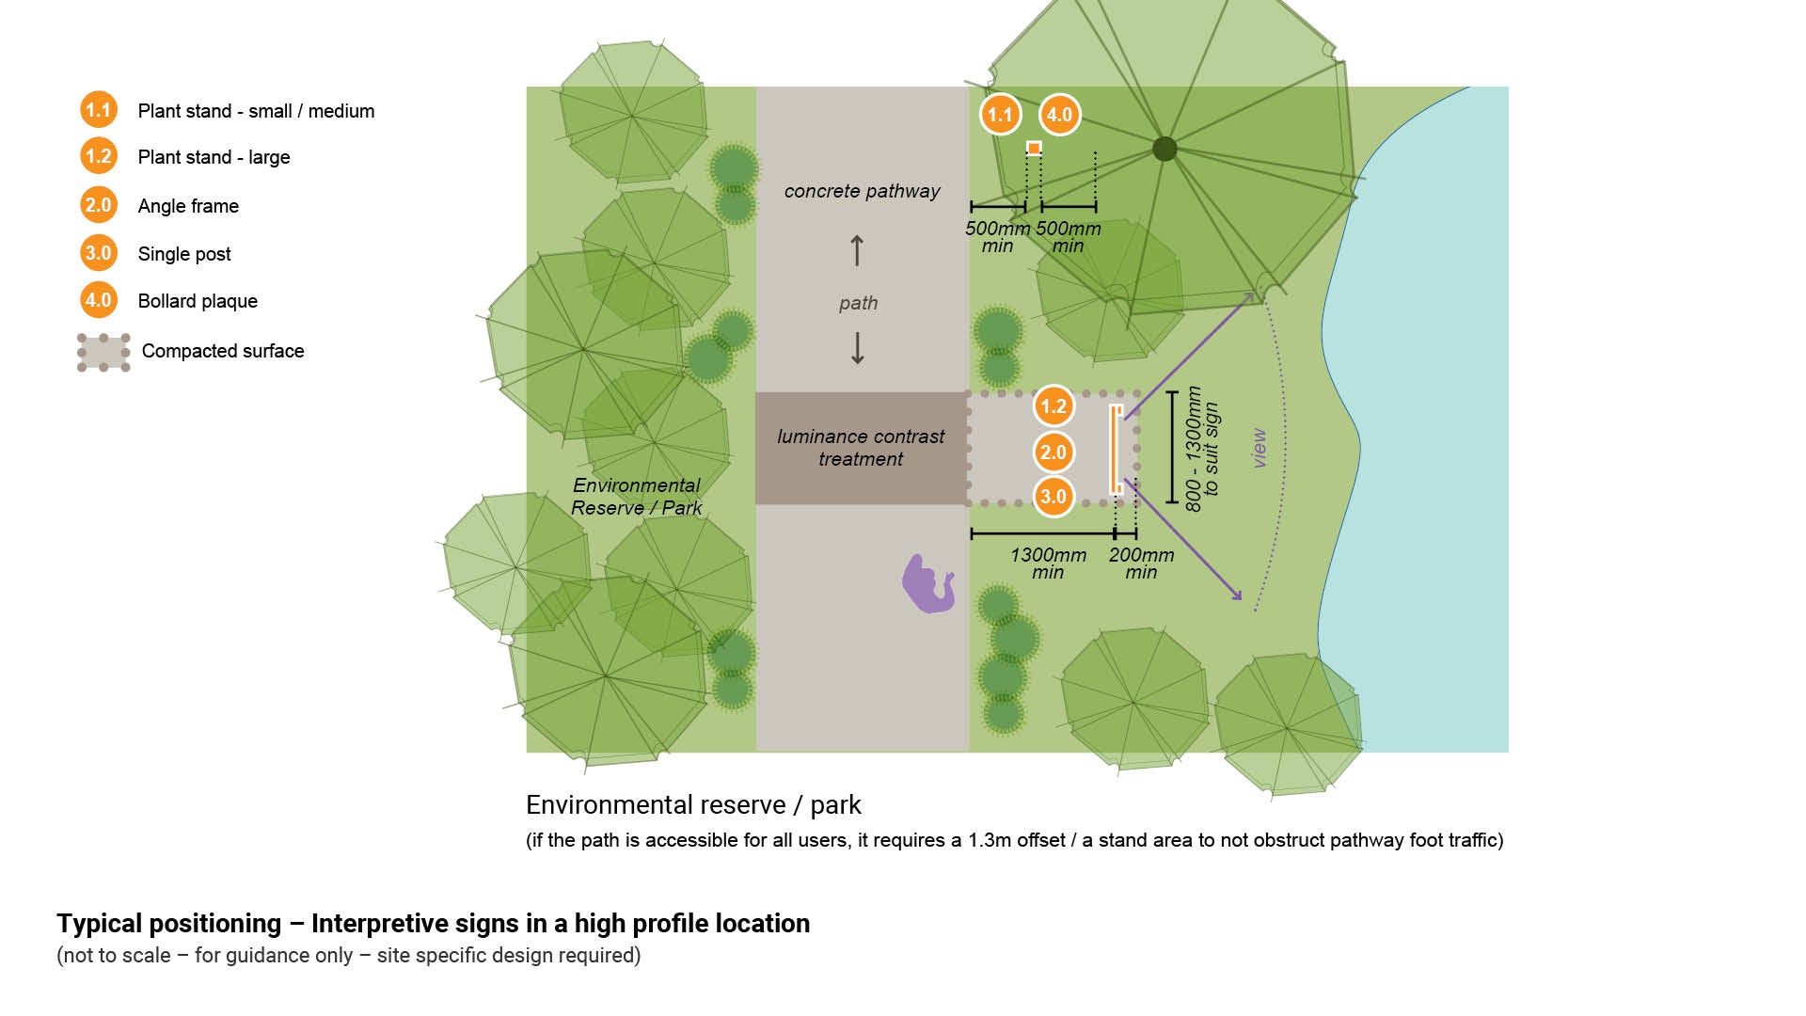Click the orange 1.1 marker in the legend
[x=98, y=110]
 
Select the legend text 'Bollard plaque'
[x=198, y=301]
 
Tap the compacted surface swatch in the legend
[x=103, y=352]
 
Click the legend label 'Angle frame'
[x=188, y=206]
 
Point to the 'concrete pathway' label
[x=862, y=191]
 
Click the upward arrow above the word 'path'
[x=857, y=250]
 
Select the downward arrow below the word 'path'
[x=857, y=348]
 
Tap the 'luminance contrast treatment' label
[x=861, y=448]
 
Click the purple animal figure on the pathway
[x=928, y=583]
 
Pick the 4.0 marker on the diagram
[x=1059, y=115]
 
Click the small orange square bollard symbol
[x=1034, y=148]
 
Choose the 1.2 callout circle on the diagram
[x=1053, y=406]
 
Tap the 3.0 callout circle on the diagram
[x=1053, y=497]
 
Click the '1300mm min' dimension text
[x=1048, y=564]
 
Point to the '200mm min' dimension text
[x=1141, y=564]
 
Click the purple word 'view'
[x=1259, y=449]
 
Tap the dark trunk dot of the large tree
[x=1164, y=148]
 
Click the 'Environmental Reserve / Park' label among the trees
[x=637, y=497]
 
